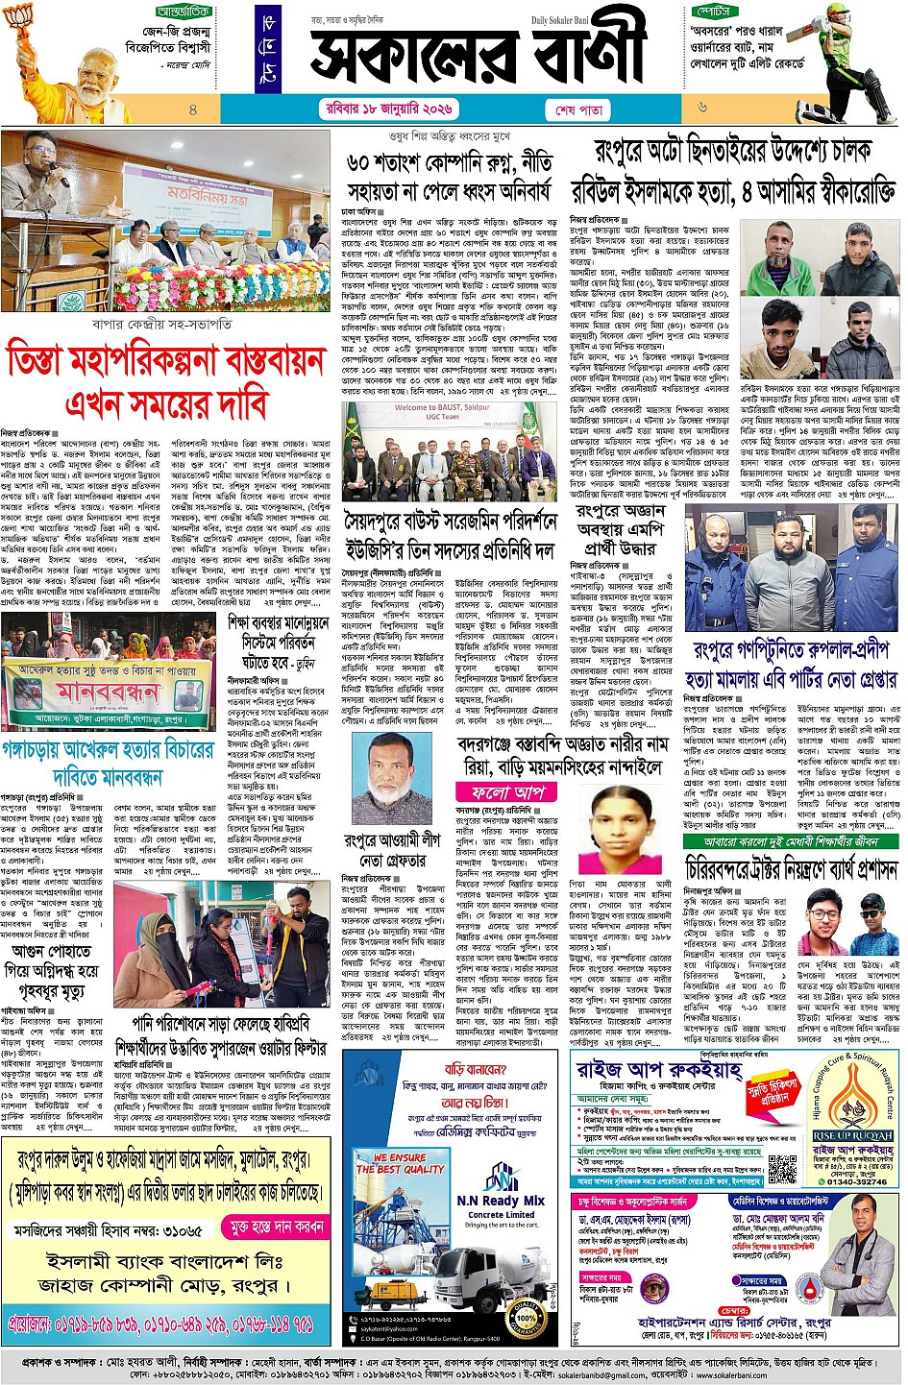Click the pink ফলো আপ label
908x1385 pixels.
pos(505,793)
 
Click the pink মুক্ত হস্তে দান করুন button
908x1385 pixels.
pos(275,1227)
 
